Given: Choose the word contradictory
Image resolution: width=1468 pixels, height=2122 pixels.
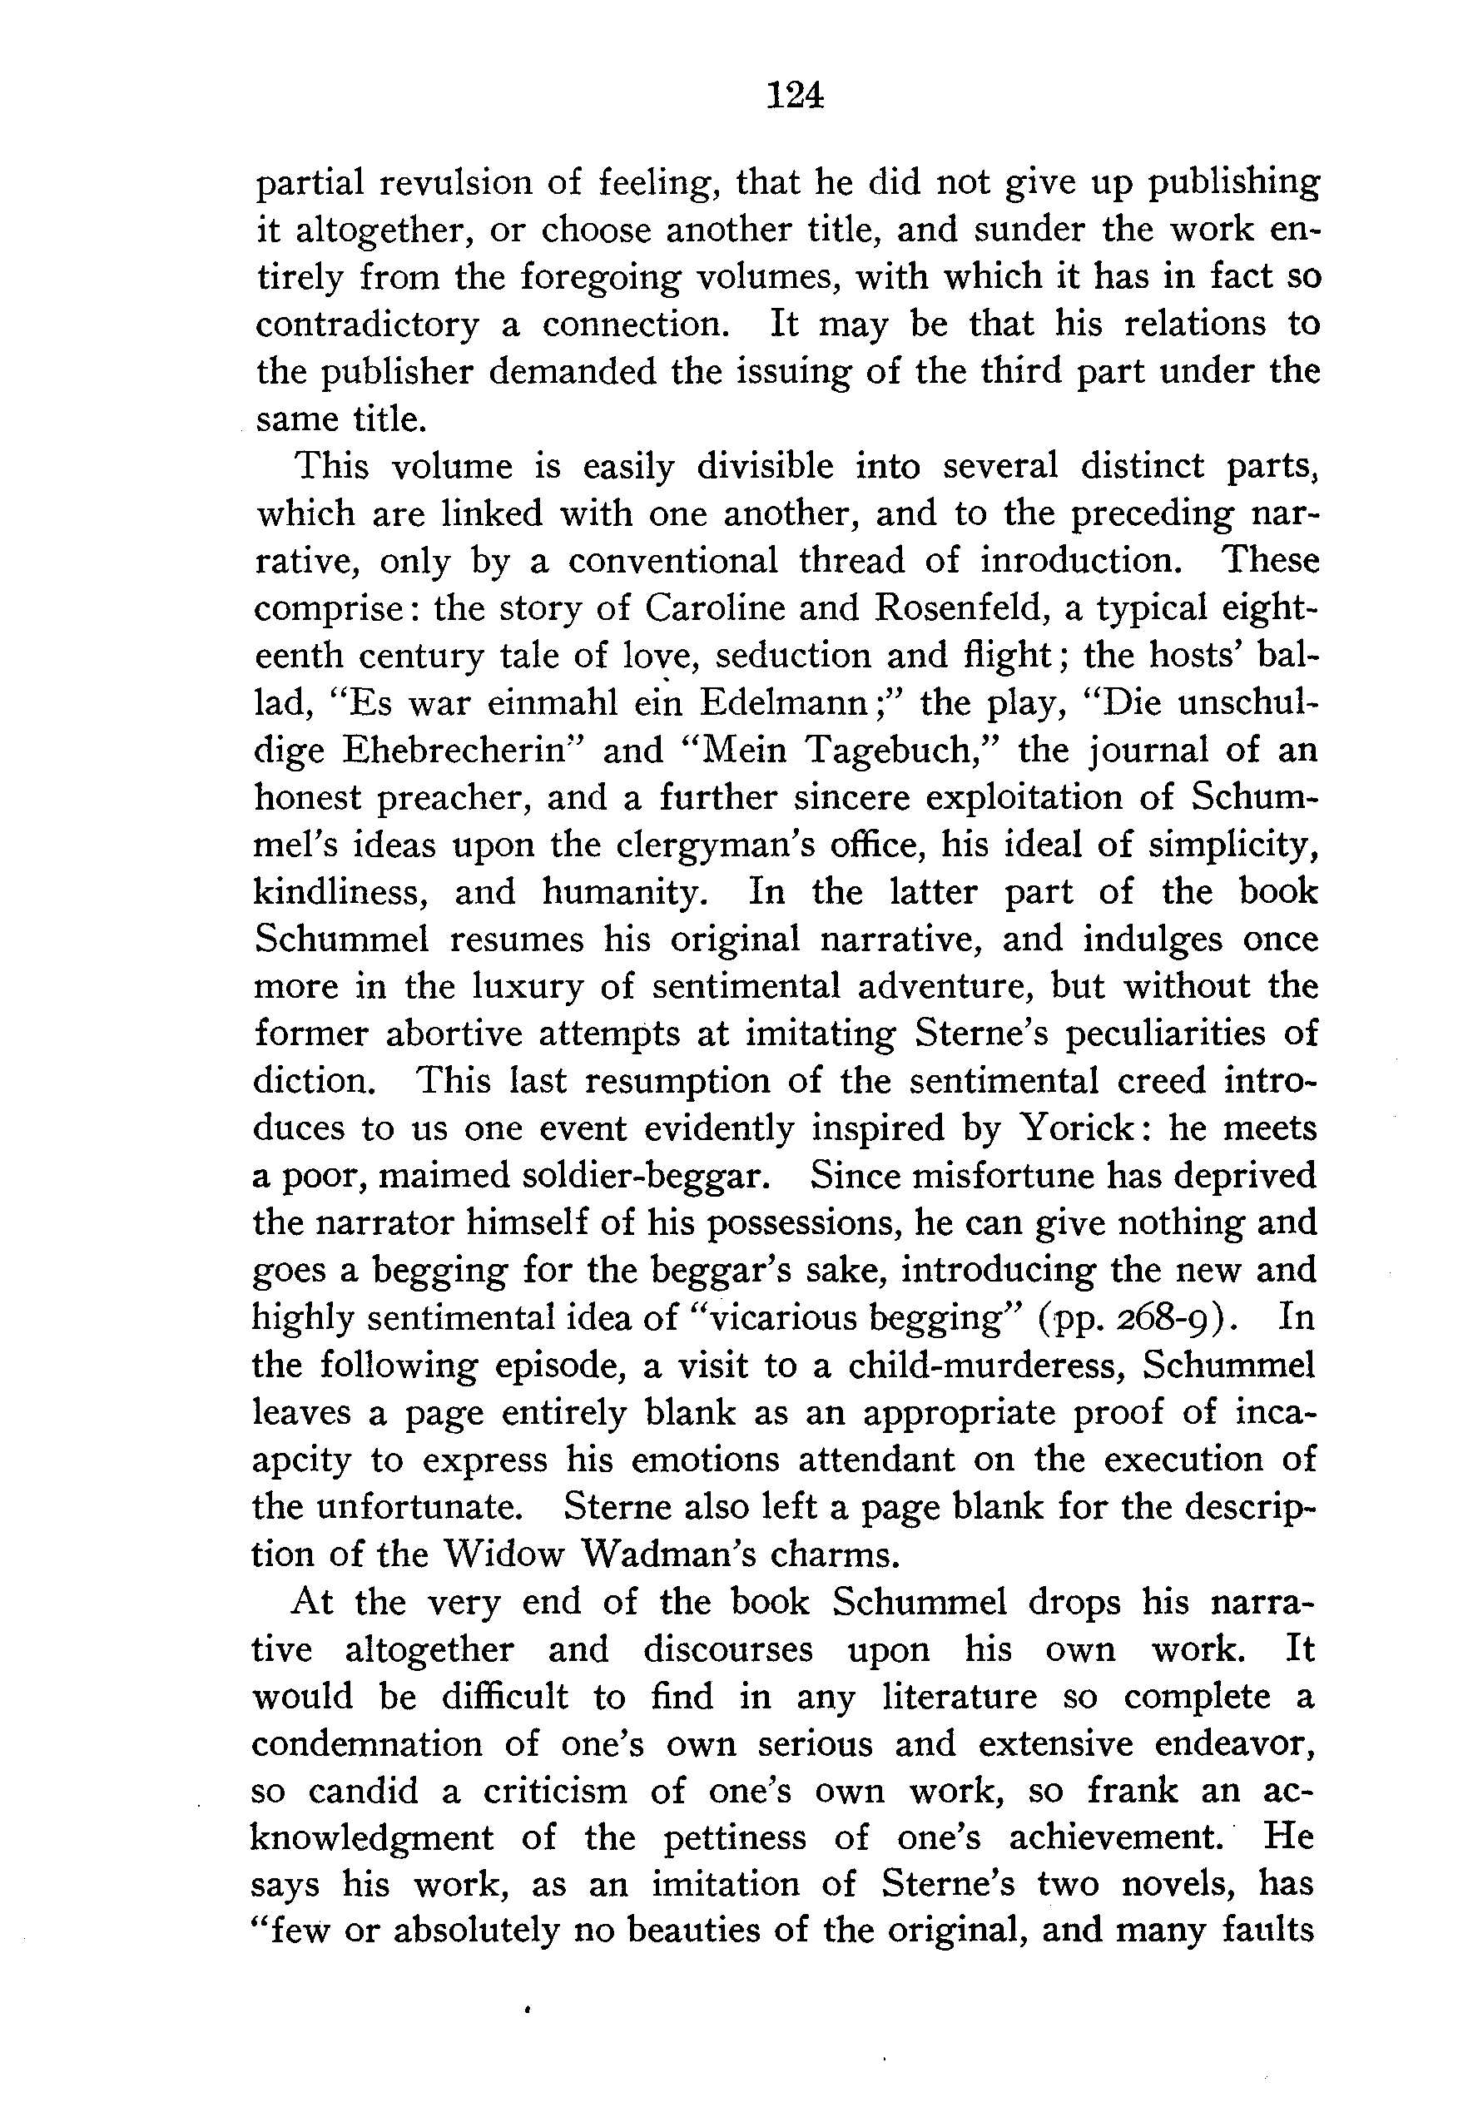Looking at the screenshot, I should point(367,325).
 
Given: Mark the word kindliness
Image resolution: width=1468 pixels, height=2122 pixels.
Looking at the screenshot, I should point(340,892).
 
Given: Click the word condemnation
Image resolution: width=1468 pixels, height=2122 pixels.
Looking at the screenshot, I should point(367,1744).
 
